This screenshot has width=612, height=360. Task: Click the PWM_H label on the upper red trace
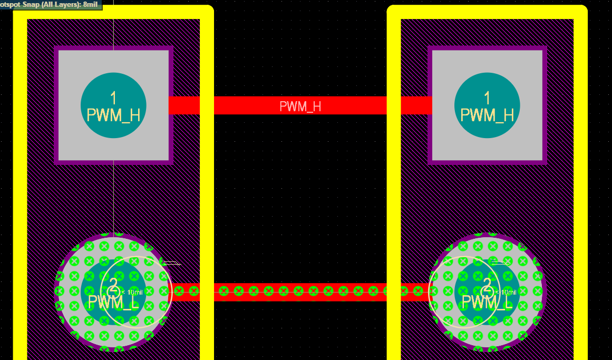coord(300,106)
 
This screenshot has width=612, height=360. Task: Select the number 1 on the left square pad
coord(113,98)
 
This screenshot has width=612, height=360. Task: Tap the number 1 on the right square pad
coord(487,98)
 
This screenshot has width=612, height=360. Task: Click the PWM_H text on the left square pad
coord(113,115)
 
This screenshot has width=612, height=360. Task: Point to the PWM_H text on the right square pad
coord(487,115)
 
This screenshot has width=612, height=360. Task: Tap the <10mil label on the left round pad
coord(132,292)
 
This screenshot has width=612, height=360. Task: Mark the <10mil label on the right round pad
coord(506,292)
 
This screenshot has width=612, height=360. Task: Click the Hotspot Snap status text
coord(32,4)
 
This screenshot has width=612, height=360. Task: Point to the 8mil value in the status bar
coord(90,4)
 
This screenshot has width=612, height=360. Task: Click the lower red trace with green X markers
coord(300,291)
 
